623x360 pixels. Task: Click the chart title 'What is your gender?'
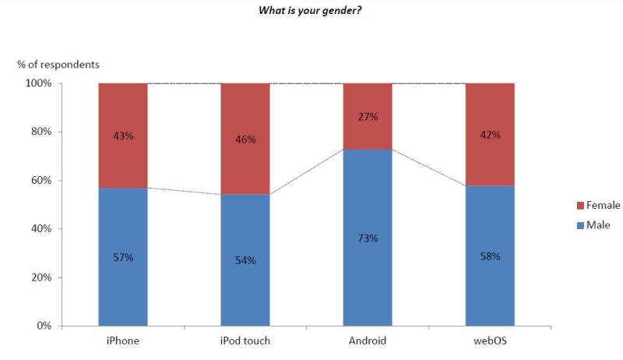(x=310, y=11)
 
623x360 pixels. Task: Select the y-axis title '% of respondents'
(x=58, y=64)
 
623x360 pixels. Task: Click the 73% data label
(x=368, y=238)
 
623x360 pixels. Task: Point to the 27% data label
(x=368, y=117)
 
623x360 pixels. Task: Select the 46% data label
(x=245, y=139)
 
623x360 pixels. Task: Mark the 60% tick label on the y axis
(x=41, y=180)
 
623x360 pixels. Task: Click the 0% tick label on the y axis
(x=44, y=326)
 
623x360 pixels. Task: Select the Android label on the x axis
(x=368, y=341)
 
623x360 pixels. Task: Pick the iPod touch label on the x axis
(x=245, y=341)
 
